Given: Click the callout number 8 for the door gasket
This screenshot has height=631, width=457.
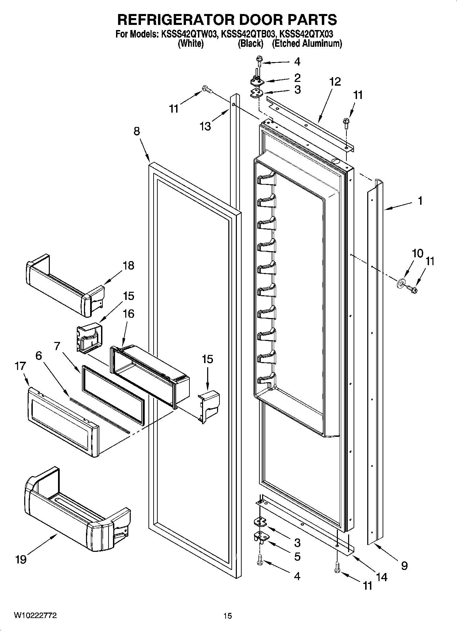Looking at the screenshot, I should pyautogui.click(x=137, y=131).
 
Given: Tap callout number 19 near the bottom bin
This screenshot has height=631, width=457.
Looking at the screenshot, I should pyautogui.click(x=21, y=559).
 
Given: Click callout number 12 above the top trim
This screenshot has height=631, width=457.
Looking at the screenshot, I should pyautogui.click(x=335, y=82).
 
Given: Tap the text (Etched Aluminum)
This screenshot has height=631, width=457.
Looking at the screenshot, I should pyautogui.click(x=307, y=44).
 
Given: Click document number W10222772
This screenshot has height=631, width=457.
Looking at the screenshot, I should pyautogui.click(x=35, y=615).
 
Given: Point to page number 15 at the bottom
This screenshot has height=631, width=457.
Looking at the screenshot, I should pyautogui.click(x=227, y=616).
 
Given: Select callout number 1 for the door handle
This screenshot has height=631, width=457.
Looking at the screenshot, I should pyautogui.click(x=420, y=201).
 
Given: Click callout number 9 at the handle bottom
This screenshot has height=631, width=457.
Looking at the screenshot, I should pyautogui.click(x=404, y=566).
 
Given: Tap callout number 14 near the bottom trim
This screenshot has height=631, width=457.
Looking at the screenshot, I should pyautogui.click(x=382, y=577).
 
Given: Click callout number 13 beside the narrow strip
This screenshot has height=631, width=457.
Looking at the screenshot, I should pyautogui.click(x=205, y=126).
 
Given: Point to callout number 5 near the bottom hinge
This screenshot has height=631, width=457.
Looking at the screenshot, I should pyautogui.click(x=297, y=557).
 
